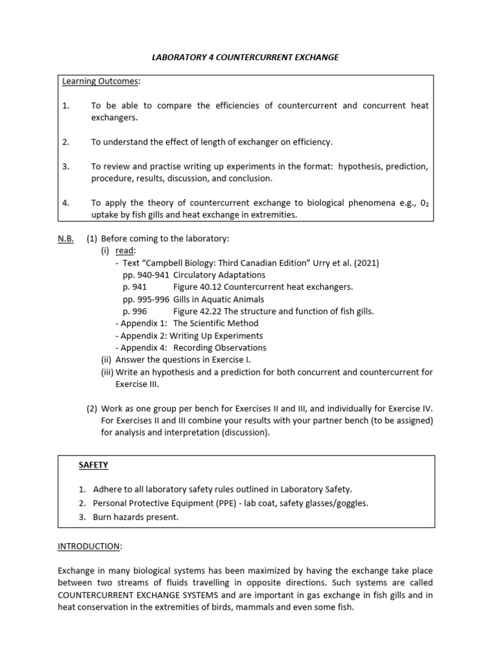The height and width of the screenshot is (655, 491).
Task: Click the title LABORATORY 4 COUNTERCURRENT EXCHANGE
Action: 245,58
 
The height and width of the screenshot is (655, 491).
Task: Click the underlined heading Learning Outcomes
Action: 100,81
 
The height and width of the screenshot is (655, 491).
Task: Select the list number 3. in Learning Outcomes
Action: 65,166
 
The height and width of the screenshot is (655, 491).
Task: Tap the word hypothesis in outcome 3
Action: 362,166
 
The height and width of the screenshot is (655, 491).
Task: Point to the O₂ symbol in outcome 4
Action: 423,203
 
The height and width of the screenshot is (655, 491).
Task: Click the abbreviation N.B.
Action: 66,239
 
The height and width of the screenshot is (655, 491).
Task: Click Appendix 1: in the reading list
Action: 144,324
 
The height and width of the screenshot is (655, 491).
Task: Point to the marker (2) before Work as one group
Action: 92,408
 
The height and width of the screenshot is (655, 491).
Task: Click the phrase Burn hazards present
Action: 136,517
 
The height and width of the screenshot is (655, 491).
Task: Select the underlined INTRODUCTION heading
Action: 89,546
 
